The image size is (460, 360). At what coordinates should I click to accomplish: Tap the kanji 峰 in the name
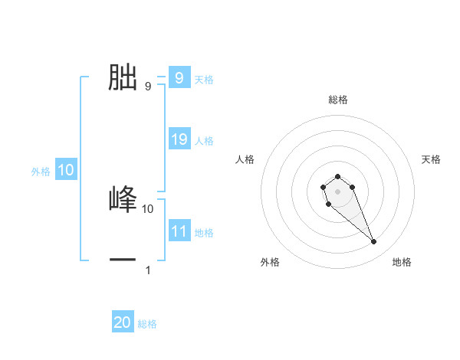[x=123, y=198]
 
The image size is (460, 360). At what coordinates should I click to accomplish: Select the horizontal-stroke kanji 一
[x=123, y=260]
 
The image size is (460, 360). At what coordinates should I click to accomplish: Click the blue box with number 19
[x=179, y=139]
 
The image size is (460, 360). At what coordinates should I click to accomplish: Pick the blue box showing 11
[x=179, y=231]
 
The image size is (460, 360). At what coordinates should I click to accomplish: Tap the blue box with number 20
[x=123, y=322]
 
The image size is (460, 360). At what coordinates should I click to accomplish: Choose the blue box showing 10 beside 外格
[x=66, y=170]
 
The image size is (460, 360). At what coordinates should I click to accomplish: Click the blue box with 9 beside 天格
[x=179, y=78]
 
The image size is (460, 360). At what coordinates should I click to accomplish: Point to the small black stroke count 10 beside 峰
[x=148, y=208]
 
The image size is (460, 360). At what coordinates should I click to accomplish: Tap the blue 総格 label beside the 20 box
[x=147, y=324]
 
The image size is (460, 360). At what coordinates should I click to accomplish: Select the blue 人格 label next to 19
[x=204, y=141]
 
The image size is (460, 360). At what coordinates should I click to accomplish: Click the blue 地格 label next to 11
[x=204, y=233]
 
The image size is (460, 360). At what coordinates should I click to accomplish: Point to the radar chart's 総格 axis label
[x=337, y=100]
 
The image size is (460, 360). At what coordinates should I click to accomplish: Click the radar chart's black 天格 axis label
[x=432, y=159]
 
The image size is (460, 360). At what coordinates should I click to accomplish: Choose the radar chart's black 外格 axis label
[x=270, y=263]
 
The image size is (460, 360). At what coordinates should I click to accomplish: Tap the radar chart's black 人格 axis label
[x=245, y=159]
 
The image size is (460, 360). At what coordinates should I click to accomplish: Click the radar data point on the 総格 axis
[x=337, y=176]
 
